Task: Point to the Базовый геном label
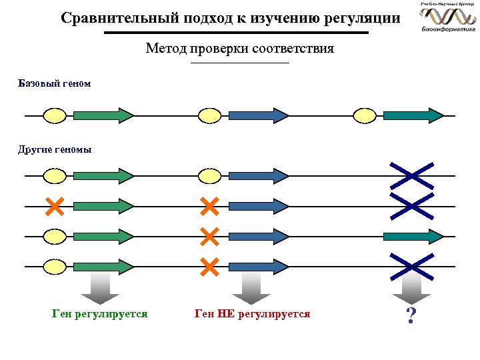tap(54, 84)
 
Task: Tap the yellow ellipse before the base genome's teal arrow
tap(365, 115)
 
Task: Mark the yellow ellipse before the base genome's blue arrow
tap(210, 115)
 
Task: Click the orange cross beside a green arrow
tap(54, 206)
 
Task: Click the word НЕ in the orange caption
tap(225, 313)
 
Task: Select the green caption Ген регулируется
tap(99, 313)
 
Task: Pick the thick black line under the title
tap(237, 32)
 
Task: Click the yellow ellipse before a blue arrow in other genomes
tap(210, 176)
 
